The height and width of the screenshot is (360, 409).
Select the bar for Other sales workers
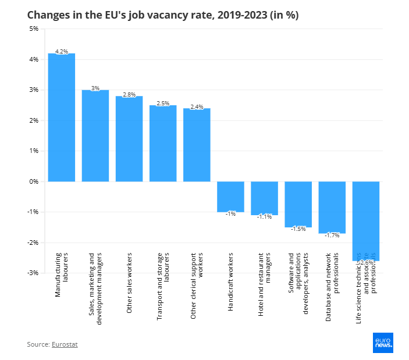tap(129, 139)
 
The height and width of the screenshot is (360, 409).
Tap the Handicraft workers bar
tap(230, 196)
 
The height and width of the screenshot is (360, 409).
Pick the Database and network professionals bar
tap(332, 207)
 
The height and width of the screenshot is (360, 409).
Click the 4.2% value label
tap(62, 51)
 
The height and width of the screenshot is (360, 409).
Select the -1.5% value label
tap(298, 229)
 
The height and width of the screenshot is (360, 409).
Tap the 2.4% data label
tap(197, 106)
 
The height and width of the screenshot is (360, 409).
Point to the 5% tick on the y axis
tap(33, 28)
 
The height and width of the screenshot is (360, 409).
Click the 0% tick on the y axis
tap(33, 181)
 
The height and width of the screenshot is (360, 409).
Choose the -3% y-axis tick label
tap(33, 273)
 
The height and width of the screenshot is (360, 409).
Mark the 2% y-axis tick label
tap(33, 120)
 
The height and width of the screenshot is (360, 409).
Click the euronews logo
tap(383, 343)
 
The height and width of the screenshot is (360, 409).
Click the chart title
tap(163, 15)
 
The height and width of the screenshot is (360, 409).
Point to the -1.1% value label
tap(265, 216)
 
